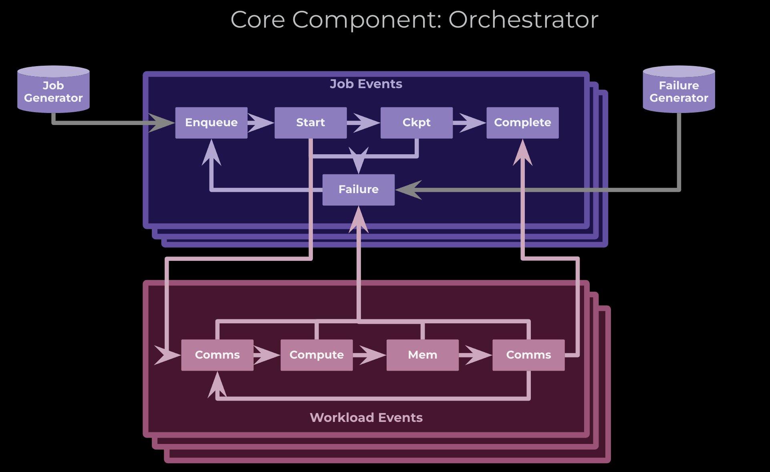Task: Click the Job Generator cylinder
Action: coord(53,90)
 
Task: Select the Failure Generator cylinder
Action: coord(679,90)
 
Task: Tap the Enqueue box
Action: coord(211,123)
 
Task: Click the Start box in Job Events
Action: coord(310,123)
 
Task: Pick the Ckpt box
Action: coord(416,123)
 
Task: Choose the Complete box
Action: coord(522,123)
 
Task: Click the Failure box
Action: coord(358,190)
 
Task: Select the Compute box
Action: coord(316,355)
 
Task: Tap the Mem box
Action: coord(422,355)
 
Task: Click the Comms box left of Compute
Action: coord(217,355)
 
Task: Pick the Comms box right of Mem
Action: coord(528,355)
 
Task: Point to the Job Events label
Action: coord(366,84)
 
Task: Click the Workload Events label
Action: coord(366,418)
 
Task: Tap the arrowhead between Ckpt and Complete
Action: coord(470,123)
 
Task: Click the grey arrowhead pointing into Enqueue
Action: coord(162,123)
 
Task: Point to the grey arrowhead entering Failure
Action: coord(408,190)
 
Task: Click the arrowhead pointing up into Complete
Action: coord(522,152)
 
